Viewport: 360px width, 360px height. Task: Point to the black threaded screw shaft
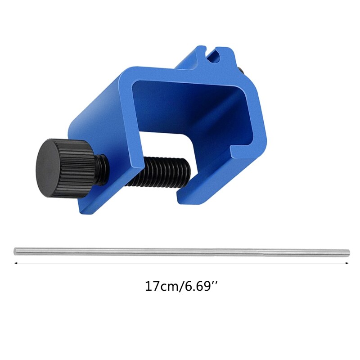click(160, 171)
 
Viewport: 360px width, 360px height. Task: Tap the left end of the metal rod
click(15, 251)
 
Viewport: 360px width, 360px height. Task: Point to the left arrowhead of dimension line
click(16, 263)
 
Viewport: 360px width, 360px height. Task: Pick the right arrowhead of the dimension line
click(347, 263)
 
